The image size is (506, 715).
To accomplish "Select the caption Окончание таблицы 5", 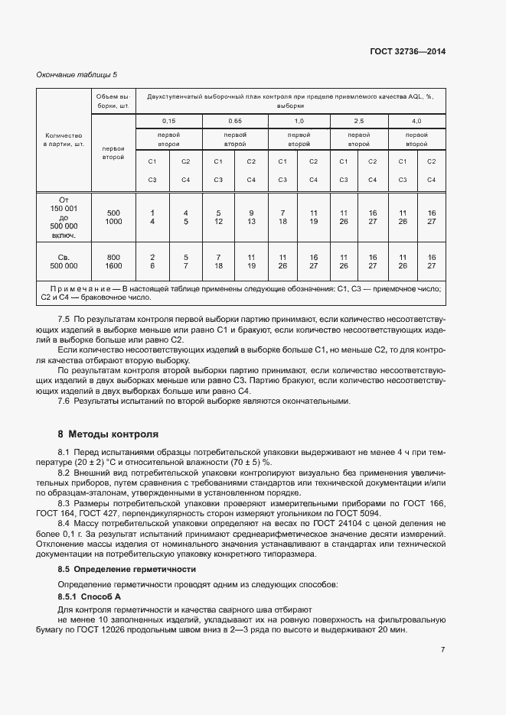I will pyautogui.click(x=77, y=74).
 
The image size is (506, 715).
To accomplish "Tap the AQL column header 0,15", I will pyautogui.click(x=168, y=121).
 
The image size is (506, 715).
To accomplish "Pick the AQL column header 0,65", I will pyautogui.click(x=234, y=121).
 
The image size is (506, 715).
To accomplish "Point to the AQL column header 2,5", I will pyautogui.click(x=358, y=121).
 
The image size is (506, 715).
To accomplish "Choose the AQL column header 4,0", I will pyautogui.click(x=416, y=121).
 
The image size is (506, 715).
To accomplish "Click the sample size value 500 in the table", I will pyautogui.click(x=113, y=212).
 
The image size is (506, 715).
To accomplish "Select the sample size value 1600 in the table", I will pyautogui.click(x=113, y=265).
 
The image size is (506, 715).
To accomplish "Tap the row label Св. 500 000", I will pyautogui.click(x=64, y=261).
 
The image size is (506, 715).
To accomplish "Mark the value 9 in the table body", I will pyautogui.click(x=250, y=212).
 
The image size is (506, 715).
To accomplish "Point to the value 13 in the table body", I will pyautogui.click(x=250, y=221).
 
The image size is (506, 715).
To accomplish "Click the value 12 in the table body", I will pyautogui.click(x=218, y=221).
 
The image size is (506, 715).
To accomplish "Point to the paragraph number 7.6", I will pyautogui.click(x=64, y=401).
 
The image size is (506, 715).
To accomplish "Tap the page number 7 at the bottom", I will pyautogui.click(x=442, y=649).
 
